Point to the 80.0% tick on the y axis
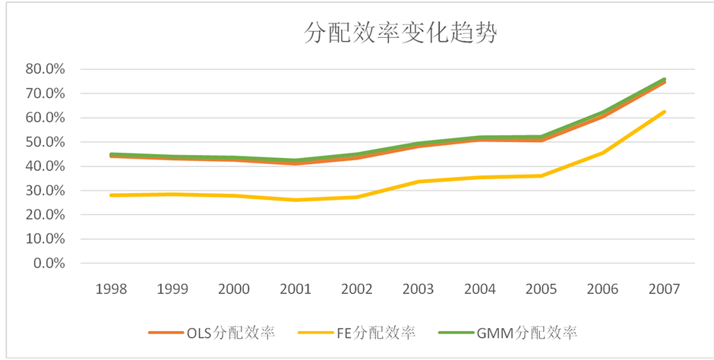click(45, 69)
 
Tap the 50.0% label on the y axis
click(45, 142)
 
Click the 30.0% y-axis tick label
click(45, 191)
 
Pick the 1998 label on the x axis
click(112, 289)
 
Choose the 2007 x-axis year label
click(664, 289)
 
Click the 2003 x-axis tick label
click(419, 289)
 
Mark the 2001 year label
click(295, 289)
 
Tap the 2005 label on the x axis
click(541, 289)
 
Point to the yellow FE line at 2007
click(665, 112)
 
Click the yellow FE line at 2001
click(295, 200)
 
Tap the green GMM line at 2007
click(665, 79)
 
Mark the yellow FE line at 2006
click(603, 153)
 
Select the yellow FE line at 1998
click(112, 195)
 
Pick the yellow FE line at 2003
click(419, 182)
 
